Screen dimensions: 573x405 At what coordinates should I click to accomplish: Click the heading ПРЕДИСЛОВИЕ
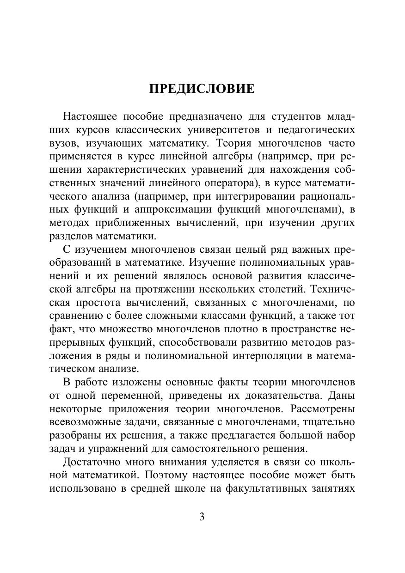pyautogui.click(x=202, y=89)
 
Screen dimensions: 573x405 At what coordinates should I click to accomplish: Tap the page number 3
pyautogui.click(x=202, y=517)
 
